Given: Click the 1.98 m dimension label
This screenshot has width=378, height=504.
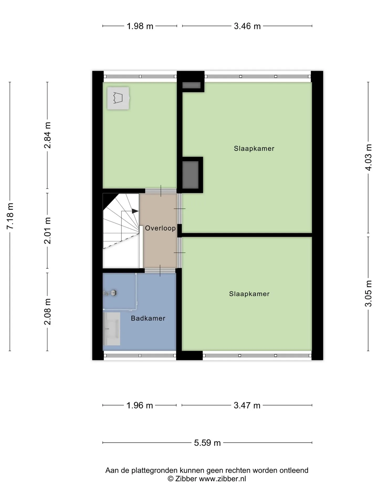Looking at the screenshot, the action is tap(140, 26).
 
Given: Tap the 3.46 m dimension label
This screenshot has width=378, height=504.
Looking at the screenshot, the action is tap(247, 26).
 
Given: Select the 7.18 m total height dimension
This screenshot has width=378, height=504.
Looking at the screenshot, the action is tap(10, 216).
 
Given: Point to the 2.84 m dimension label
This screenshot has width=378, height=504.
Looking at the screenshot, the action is tap(48, 135).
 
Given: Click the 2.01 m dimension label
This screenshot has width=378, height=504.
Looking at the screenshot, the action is tap(48, 231).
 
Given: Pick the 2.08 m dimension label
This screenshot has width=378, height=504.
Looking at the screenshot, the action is tap(48, 312).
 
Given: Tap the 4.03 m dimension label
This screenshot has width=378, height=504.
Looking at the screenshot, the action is tap(369, 157).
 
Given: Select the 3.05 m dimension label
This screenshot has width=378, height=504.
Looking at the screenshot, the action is tap(369, 293).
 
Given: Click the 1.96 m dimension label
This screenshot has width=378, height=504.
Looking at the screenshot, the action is tap(140, 406).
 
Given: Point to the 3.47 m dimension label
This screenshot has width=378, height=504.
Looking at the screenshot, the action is tap(247, 406).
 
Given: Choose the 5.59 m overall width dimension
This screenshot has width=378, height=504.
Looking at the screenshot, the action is tap(207, 443).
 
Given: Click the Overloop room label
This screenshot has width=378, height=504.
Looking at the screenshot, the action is tap(160, 228).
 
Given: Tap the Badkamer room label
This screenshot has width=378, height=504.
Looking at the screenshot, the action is tap(148, 318).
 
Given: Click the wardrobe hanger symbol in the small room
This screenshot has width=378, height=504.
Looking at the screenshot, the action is tap(118, 98).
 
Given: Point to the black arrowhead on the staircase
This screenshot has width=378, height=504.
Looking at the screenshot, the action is tap(135, 211).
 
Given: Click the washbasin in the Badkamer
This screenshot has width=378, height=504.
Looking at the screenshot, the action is tap(112, 329).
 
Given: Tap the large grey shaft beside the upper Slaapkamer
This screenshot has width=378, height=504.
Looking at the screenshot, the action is tap(190, 175).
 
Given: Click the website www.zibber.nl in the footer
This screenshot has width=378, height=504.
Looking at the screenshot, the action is tap(222, 479).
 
